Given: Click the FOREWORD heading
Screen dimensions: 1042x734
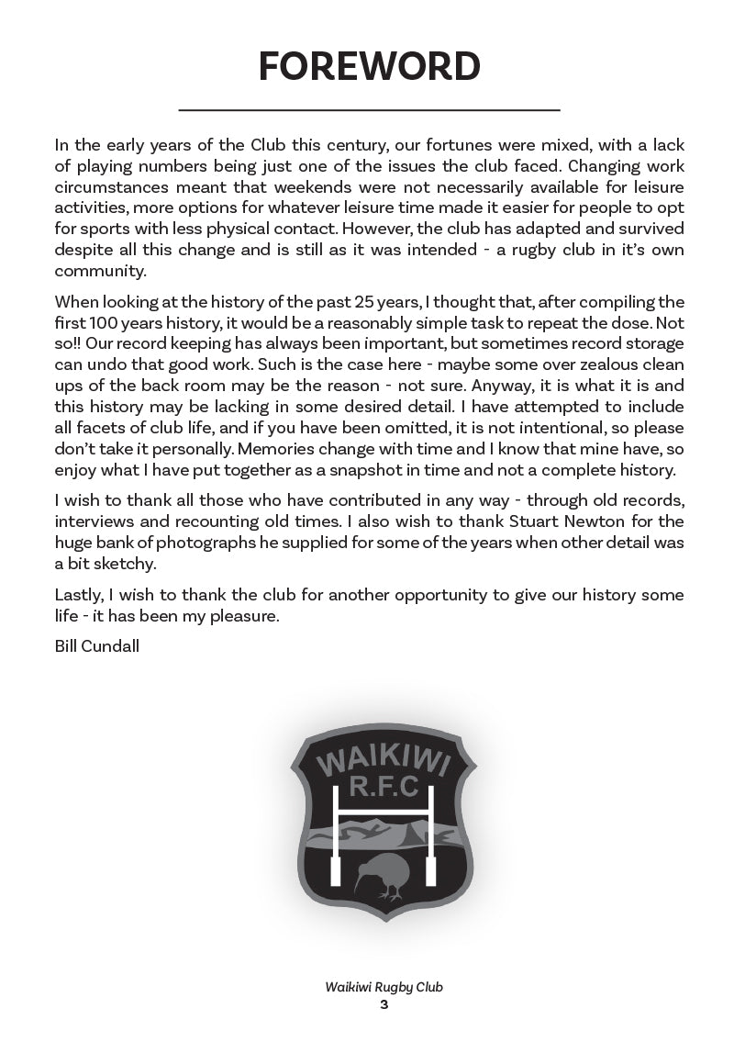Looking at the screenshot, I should click(x=369, y=67).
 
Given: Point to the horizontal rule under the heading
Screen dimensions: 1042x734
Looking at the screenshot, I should click(x=369, y=110).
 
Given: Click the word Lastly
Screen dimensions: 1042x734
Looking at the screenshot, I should click(x=78, y=595).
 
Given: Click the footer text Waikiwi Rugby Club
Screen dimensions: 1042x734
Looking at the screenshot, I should click(x=384, y=988).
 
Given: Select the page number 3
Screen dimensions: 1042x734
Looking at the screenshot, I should click(x=384, y=1005).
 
